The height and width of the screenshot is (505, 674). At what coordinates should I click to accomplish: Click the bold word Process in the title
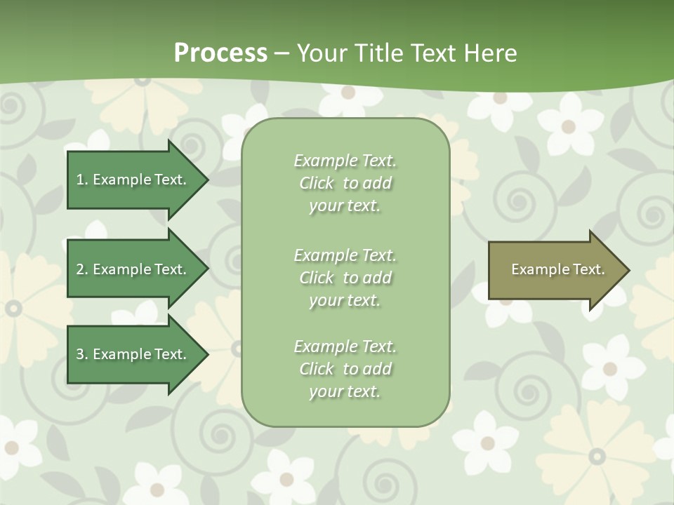point(220,53)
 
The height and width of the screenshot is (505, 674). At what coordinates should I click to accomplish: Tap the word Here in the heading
point(491,53)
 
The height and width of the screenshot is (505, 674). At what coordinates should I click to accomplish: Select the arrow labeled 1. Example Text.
point(133,180)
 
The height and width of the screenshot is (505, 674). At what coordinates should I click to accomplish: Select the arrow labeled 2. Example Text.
point(133,269)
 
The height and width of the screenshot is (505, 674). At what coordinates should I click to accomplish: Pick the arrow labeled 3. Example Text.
point(133,354)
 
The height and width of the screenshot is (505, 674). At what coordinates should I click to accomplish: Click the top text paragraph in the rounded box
point(345,183)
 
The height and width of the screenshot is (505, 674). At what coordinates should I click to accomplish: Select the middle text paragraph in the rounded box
point(345,278)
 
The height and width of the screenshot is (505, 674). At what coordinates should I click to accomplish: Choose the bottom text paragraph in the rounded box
point(345,369)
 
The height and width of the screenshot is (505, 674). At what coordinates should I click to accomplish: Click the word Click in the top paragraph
point(317,183)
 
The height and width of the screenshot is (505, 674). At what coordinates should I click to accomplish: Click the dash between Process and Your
point(282,54)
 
